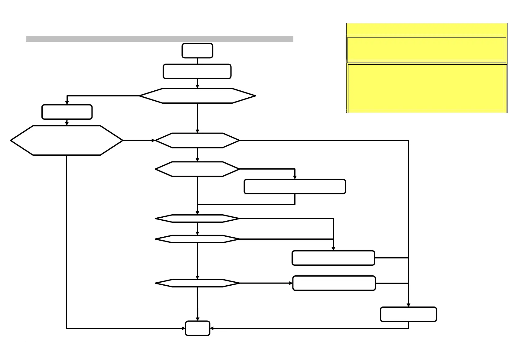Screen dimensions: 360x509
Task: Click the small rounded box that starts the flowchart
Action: pos(197,50)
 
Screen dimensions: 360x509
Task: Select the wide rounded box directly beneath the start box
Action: pos(197,71)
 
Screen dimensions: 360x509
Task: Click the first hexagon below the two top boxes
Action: pos(197,96)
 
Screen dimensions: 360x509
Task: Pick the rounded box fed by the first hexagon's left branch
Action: pos(67,112)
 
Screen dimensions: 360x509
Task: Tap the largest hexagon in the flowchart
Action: pos(67,140)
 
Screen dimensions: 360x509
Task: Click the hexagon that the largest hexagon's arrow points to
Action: pos(197,140)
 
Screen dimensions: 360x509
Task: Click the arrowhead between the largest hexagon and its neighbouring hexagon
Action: pos(153,140)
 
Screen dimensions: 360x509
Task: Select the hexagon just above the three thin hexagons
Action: pos(197,169)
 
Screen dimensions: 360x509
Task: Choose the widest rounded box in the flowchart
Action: pos(295,186)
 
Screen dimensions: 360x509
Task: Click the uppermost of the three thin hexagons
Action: pos(197,218)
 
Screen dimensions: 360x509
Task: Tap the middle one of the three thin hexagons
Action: pos(197,239)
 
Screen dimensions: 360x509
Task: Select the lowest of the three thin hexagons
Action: pos(197,283)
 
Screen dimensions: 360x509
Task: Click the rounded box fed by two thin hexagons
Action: pos(333,258)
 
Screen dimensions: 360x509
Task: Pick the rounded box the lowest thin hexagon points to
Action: pos(334,283)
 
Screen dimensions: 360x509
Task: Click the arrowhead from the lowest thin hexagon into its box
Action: pos(291,283)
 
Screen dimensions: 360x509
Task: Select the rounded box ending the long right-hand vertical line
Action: pos(408,314)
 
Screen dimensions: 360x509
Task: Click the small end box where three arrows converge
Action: pos(197,328)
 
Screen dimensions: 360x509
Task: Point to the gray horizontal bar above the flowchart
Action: pos(160,39)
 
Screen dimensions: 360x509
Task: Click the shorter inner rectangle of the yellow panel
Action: pos(426,50)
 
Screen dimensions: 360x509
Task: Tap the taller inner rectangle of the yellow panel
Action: pos(427,88)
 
